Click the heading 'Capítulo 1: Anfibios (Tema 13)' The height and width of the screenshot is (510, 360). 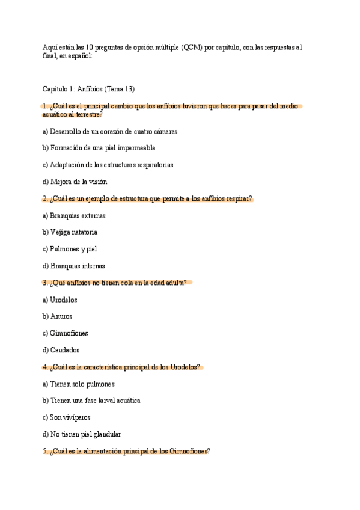click(x=88, y=89)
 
